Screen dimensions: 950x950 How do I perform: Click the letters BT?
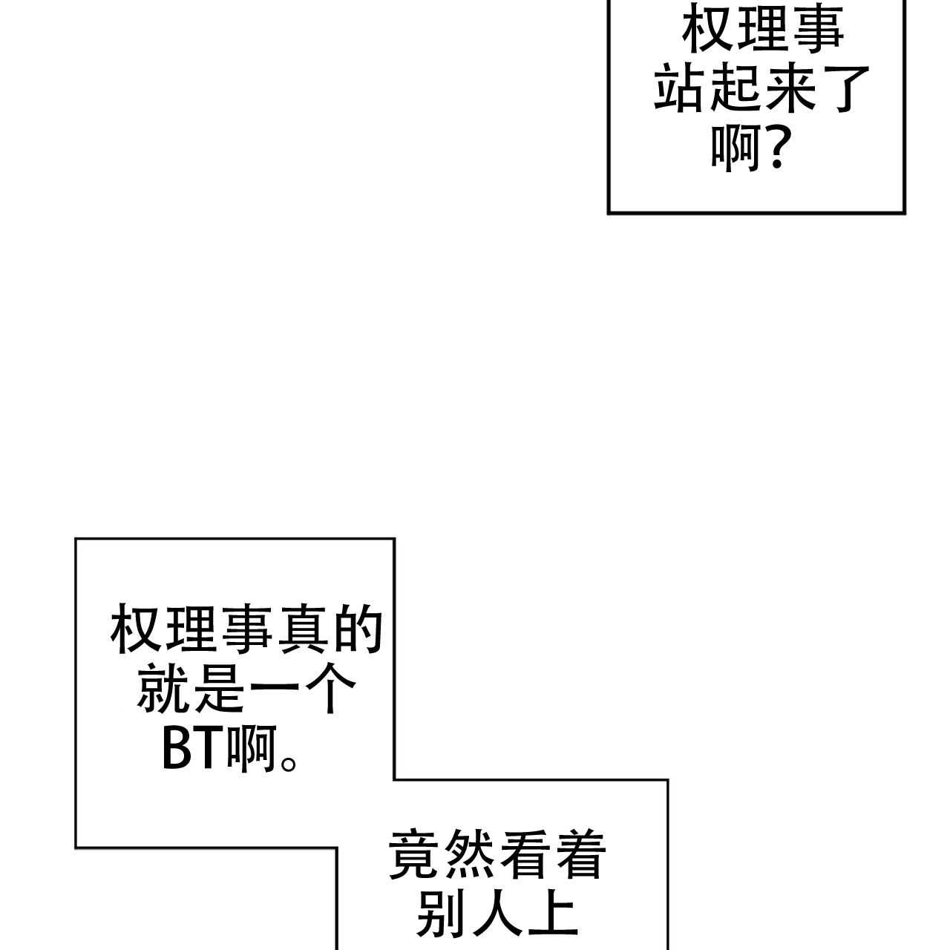[x=193, y=750]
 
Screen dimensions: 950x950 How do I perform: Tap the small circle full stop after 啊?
[x=289, y=761]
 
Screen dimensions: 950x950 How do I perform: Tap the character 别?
[x=443, y=914]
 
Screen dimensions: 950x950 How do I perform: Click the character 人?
[x=498, y=914]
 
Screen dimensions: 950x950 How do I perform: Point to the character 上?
[x=553, y=914]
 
